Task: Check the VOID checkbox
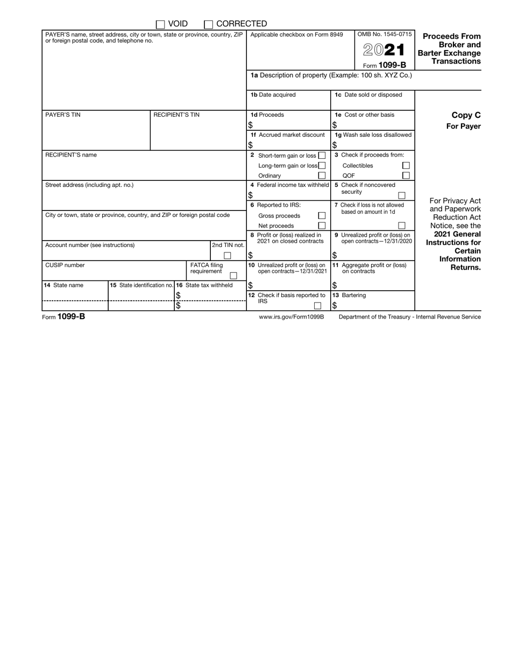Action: pyautogui.click(x=160, y=24)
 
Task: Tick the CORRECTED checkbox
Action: pyautogui.click(x=209, y=24)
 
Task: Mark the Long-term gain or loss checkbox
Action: pyautogui.click(x=322, y=166)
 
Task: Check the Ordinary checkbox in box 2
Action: pyautogui.click(x=322, y=175)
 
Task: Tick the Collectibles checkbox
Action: pyautogui.click(x=406, y=166)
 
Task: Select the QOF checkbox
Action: pyautogui.click(x=406, y=175)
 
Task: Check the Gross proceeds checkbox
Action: pyautogui.click(x=322, y=215)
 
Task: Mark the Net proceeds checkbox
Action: pyautogui.click(x=322, y=226)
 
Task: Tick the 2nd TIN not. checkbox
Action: pyautogui.click(x=228, y=256)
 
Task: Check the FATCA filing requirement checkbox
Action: pyautogui.click(x=233, y=275)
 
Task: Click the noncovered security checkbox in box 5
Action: pyautogui.click(x=401, y=195)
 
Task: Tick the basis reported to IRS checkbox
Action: pyautogui.click(x=318, y=306)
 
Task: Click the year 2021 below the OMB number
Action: pyautogui.click(x=384, y=50)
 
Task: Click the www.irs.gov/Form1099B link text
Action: pyautogui.click(x=292, y=317)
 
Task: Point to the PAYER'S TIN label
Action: pyautogui.click(x=63, y=115)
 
